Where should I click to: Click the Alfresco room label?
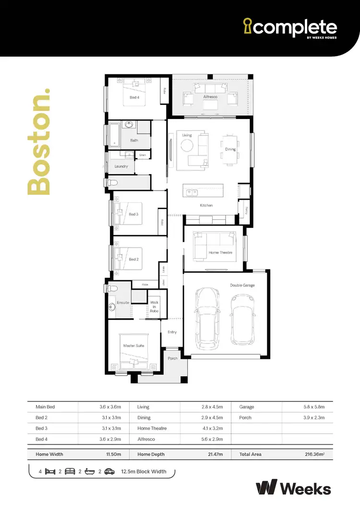point(210,97)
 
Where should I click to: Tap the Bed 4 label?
point(134,97)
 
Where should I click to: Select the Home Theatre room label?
point(220,252)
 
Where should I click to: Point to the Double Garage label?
point(242,285)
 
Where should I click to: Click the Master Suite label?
point(133,345)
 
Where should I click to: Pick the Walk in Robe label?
point(154,307)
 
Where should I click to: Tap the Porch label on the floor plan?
point(173,358)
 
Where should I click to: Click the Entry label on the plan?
point(172,332)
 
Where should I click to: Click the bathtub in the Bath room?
point(114,134)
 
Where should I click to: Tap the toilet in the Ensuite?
point(111,289)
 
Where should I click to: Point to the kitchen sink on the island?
point(192,193)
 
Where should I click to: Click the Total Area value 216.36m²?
point(314,454)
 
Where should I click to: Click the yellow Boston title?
point(39,142)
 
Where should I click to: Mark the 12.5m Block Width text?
point(144,472)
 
